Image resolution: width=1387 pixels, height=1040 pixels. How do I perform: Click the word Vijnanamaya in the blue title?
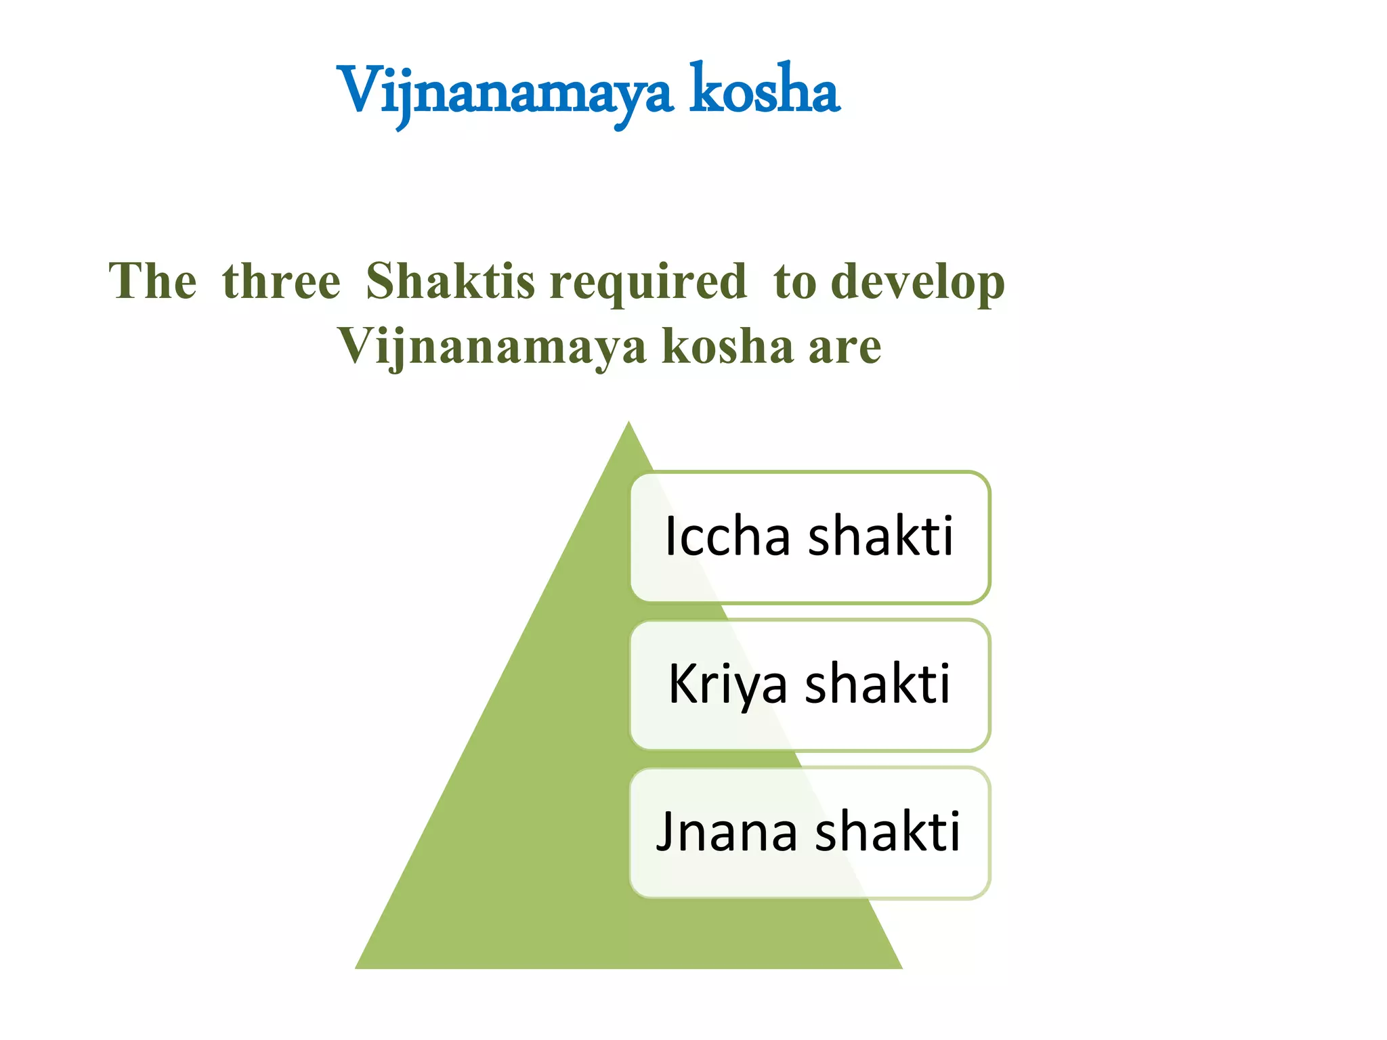point(505,91)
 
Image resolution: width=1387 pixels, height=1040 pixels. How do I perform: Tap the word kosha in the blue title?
point(765,91)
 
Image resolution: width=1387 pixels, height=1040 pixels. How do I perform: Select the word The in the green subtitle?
point(153,281)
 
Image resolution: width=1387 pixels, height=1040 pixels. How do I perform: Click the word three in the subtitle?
point(281,281)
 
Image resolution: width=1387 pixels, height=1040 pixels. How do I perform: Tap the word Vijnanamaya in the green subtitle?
point(492,347)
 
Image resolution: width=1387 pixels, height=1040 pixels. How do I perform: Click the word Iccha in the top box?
point(727,536)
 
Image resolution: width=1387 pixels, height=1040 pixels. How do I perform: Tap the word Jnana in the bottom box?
point(727,832)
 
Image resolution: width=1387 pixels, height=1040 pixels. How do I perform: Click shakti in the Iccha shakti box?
point(881,536)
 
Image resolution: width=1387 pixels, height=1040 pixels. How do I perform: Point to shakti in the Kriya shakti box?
point(878,684)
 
